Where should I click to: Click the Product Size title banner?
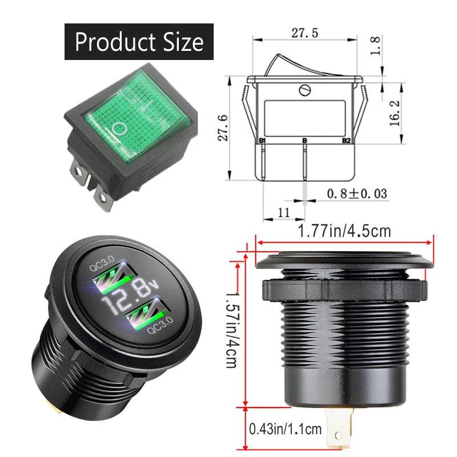pyautogui.click(x=139, y=42)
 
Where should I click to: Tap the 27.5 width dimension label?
pyautogui.click(x=304, y=34)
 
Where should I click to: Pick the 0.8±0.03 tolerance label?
pyautogui.click(x=356, y=194)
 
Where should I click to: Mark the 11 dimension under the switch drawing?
pyautogui.click(x=283, y=213)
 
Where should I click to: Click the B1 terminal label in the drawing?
pyautogui.click(x=263, y=141)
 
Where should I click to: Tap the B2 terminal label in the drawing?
pyautogui.click(x=346, y=141)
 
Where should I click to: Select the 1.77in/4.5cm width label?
pyautogui.click(x=344, y=231)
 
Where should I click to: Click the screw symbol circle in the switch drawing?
pyautogui.click(x=304, y=90)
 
